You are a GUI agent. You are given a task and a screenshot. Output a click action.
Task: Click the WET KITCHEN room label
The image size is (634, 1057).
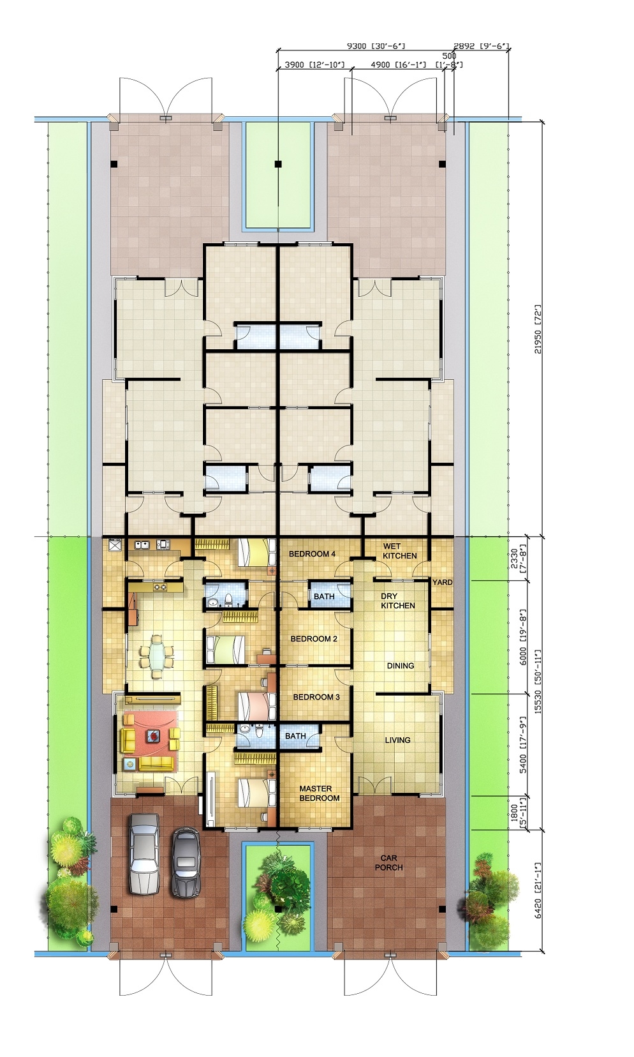[x=399, y=551]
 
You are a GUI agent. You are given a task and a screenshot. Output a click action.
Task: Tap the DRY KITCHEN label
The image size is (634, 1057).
[x=397, y=601]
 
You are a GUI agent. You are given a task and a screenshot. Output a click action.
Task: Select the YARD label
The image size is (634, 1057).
[x=442, y=582]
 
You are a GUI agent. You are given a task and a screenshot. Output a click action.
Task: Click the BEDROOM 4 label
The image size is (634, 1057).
[x=312, y=553]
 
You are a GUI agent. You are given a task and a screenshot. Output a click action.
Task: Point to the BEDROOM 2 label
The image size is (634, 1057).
[x=314, y=638]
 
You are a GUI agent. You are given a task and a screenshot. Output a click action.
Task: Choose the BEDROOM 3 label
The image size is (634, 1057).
[x=316, y=696]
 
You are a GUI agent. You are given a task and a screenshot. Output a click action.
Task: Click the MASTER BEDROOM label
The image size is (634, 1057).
[x=320, y=793]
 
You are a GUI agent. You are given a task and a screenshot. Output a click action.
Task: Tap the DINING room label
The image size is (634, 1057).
[x=401, y=666]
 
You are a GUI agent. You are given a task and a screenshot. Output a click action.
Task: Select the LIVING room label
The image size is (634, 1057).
[x=397, y=740]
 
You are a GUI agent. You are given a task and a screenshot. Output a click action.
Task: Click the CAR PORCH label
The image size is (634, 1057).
[x=389, y=863]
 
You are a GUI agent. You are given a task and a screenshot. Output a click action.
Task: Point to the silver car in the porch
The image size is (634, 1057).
[x=144, y=853]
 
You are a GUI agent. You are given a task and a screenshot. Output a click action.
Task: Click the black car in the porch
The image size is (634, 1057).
[x=186, y=862]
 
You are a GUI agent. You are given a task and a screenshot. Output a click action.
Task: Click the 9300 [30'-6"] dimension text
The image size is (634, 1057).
[x=375, y=46]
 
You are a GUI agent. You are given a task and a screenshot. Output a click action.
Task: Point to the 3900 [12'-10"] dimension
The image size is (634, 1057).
[x=314, y=64]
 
